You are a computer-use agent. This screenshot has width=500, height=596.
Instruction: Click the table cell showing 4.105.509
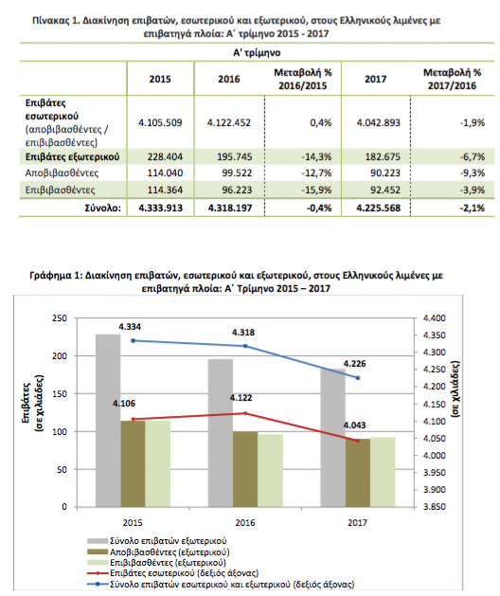(x=160, y=123)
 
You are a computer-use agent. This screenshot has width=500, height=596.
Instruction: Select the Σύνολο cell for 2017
(x=379, y=208)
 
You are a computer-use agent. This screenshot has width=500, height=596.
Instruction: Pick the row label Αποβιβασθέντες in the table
(x=62, y=173)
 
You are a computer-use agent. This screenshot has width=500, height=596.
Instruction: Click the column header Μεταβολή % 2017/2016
(x=452, y=79)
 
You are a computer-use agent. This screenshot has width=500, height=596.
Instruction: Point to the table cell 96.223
(x=237, y=190)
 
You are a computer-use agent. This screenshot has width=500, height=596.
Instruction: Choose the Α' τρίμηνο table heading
(x=257, y=52)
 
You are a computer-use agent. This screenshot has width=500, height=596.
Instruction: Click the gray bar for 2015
(x=108, y=421)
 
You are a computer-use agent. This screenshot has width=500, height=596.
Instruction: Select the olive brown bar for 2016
(x=245, y=469)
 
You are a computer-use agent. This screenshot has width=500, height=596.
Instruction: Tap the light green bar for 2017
(x=383, y=472)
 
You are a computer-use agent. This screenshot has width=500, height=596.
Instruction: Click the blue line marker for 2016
(x=245, y=346)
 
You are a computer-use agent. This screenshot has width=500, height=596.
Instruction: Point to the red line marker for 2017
(x=358, y=441)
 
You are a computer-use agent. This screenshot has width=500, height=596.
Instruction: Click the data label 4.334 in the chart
(x=130, y=327)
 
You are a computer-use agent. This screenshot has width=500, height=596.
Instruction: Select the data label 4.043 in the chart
(x=354, y=425)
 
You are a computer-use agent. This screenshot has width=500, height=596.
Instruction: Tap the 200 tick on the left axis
(x=60, y=356)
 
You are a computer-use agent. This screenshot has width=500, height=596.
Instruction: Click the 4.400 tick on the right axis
(x=435, y=318)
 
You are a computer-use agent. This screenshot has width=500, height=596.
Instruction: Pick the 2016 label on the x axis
(x=245, y=523)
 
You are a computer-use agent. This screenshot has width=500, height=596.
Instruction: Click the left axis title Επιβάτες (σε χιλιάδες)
(x=32, y=404)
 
